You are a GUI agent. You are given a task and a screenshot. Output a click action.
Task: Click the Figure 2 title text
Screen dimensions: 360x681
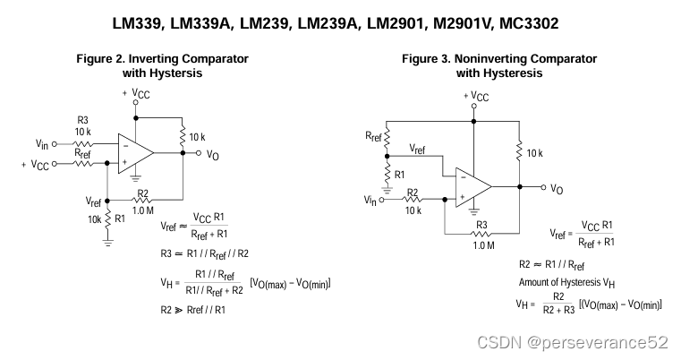coord(162,65)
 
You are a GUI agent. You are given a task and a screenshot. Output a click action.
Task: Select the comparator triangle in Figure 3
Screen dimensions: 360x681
coord(472,186)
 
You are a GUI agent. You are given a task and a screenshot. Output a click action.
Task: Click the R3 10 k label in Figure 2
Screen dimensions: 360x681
coord(82,124)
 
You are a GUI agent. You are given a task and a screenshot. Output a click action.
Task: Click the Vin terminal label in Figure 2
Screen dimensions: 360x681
coord(42,143)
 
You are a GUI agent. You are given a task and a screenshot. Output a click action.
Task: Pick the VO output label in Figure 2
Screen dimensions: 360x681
coord(212,154)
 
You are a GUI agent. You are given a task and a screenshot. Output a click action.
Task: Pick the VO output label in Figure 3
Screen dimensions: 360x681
coord(557,189)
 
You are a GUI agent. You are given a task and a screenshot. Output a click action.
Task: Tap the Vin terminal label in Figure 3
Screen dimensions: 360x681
coord(370,200)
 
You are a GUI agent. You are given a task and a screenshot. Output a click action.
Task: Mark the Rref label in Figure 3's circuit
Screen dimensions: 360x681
coord(373,137)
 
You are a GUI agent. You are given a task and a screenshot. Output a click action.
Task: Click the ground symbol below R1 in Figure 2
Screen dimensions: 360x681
coord(107,239)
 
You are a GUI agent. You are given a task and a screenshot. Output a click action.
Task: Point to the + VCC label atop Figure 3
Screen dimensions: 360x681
coord(475,96)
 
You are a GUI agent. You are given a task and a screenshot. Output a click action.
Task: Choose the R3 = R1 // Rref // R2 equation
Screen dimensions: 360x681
coord(205,253)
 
